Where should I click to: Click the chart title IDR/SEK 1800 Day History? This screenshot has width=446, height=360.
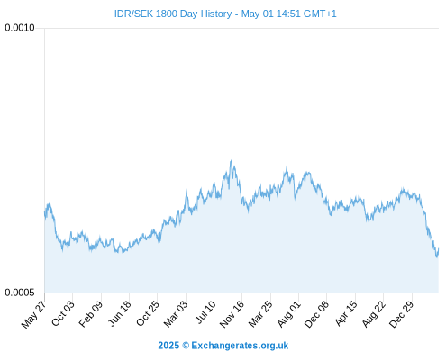point(173,13)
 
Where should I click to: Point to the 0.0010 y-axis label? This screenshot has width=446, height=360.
point(20,28)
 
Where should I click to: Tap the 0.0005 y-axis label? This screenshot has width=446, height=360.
point(20,292)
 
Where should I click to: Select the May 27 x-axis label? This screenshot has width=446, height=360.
point(33,314)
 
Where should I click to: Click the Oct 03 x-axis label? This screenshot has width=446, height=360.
point(62,313)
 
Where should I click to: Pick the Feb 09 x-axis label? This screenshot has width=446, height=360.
point(91,314)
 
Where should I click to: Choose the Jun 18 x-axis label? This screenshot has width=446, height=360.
point(120,313)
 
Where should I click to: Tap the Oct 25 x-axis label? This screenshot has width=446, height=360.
point(147,313)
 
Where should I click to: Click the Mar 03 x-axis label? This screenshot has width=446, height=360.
point(176,314)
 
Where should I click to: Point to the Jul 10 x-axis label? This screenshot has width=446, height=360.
point(205,312)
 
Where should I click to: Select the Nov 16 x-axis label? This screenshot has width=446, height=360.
point(232,314)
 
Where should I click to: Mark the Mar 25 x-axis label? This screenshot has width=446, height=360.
point(260,314)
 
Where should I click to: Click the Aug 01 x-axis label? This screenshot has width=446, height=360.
point(288,314)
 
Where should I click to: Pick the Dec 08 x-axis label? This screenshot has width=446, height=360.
point(316,314)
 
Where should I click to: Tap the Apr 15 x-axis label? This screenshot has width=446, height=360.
point(346,313)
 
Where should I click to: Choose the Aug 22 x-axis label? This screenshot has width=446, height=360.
point(374,314)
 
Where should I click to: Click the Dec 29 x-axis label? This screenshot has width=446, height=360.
point(401,314)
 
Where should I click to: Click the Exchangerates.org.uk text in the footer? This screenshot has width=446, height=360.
point(240,346)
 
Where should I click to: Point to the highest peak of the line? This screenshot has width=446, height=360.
point(231,160)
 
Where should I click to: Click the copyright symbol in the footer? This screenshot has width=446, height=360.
point(186,346)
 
